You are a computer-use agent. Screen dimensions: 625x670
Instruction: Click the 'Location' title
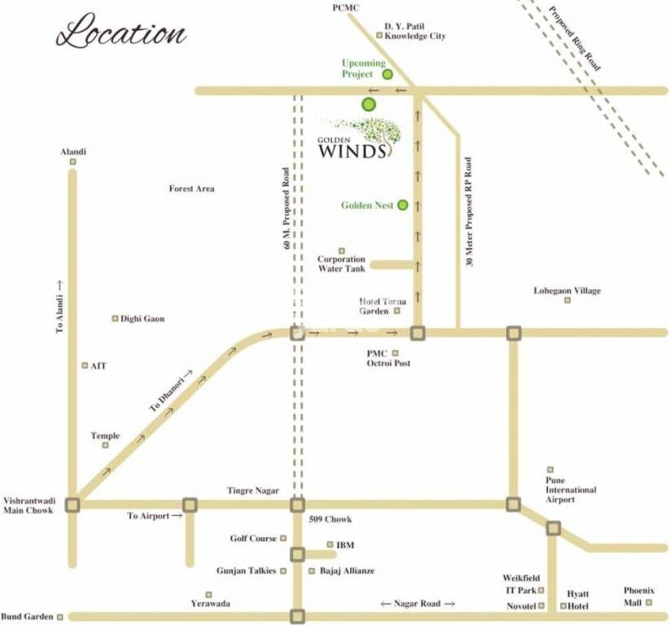point(121,35)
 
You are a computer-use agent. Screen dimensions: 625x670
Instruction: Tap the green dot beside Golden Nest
point(401,206)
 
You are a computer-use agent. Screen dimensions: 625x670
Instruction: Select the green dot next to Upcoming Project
point(388,74)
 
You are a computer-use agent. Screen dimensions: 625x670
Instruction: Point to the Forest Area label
point(191,189)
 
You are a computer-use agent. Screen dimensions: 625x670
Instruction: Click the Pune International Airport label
point(571,490)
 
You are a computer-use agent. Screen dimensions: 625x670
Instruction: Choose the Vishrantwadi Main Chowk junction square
point(73,505)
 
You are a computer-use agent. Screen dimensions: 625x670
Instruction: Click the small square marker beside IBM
point(329,544)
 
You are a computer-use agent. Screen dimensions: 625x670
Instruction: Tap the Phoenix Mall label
point(639,596)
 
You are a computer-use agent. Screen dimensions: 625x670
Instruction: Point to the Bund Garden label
point(27,616)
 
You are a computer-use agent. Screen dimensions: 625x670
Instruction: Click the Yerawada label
point(210,604)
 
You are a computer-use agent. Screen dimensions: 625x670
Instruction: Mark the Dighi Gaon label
point(142,319)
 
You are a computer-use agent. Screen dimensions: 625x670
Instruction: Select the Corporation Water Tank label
point(341,264)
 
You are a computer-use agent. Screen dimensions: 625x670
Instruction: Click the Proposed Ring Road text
point(575,38)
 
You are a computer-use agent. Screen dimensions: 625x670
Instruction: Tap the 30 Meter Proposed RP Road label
point(469,212)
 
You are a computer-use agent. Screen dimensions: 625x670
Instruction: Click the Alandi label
point(73,152)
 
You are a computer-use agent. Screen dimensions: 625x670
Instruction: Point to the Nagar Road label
point(416,604)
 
